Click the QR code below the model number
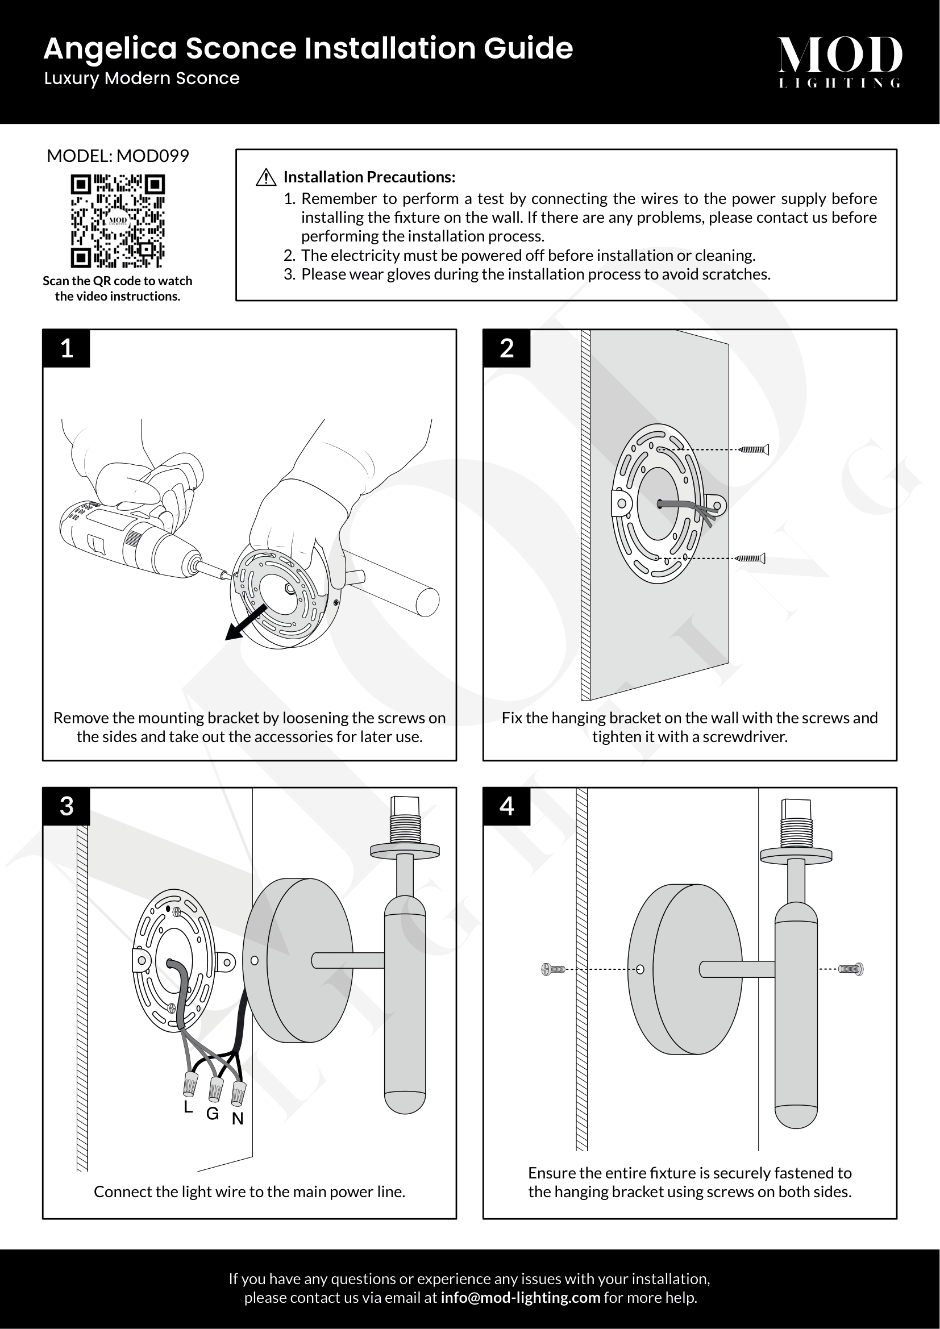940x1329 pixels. click(118, 221)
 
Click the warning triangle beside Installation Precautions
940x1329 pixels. click(265, 177)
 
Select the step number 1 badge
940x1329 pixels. click(66, 348)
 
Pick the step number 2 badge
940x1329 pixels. click(506, 348)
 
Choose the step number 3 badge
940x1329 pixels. click(66, 806)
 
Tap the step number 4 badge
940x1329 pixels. click(506, 806)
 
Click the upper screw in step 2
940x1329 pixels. click(754, 449)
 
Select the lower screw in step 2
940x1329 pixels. click(751, 559)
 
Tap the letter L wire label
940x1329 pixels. click(188, 1107)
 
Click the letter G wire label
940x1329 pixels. click(213, 1114)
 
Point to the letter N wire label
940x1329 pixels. click(238, 1119)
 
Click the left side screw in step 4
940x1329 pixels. click(553, 969)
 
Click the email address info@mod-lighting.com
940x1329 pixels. click(521, 1298)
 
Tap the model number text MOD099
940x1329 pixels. click(153, 156)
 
